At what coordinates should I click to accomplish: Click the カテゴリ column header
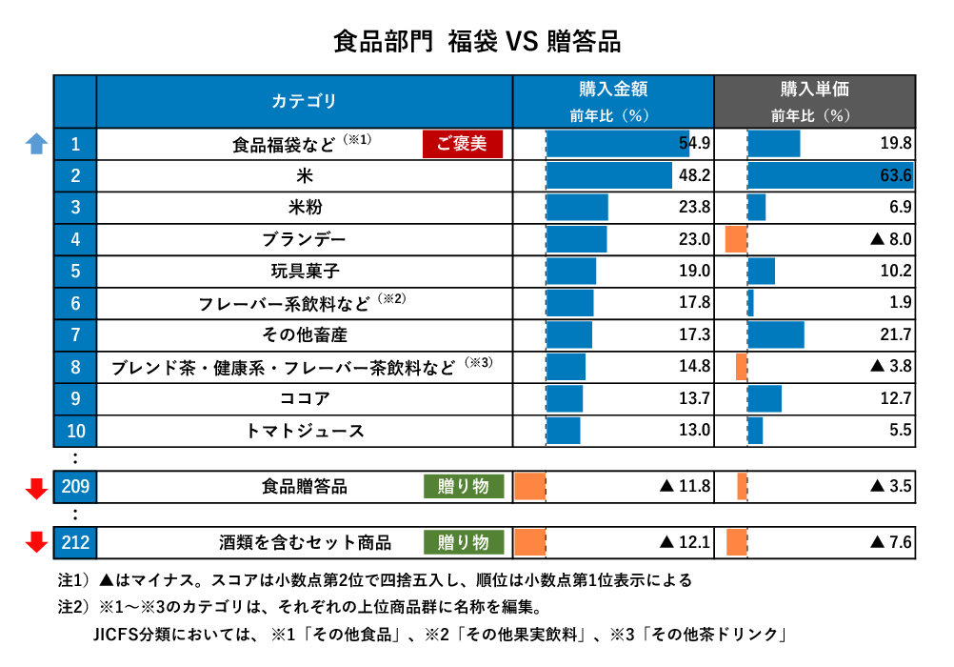(x=305, y=101)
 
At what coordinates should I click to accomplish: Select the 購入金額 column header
(x=613, y=101)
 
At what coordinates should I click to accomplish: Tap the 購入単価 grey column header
(x=814, y=101)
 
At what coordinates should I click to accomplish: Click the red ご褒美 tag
(x=463, y=144)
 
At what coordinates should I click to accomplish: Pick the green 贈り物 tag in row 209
(x=464, y=486)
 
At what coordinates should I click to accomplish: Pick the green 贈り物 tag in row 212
(x=464, y=542)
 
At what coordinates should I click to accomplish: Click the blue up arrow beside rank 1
(x=36, y=144)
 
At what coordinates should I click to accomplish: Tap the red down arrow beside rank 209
(x=36, y=488)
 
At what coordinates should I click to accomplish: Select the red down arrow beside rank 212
(x=36, y=542)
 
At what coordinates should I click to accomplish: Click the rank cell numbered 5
(x=75, y=272)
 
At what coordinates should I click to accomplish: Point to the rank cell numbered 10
(x=75, y=431)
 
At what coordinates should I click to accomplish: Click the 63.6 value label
(x=895, y=175)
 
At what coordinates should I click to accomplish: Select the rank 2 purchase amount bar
(x=609, y=175)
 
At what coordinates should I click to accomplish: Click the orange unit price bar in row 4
(x=736, y=239)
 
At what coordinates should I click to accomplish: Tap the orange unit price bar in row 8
(x=742, y=366)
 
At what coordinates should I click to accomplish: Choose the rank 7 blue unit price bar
(x=776, y=334)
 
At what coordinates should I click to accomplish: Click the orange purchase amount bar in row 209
(x=529, y=486)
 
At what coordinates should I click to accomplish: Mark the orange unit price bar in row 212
(x=737, y=542)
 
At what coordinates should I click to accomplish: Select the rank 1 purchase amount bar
(x=617, y=144)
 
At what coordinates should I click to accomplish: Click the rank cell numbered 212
(x=75, y=542)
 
